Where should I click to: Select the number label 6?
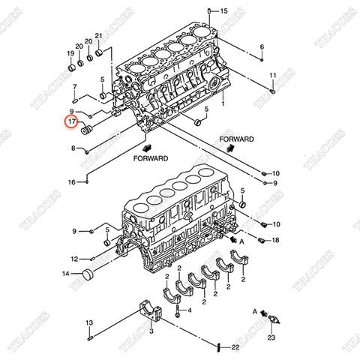pos(262,48)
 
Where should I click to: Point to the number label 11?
pos(273,76)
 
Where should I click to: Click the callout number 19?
pos(70,53)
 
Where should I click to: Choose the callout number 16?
pos(71,182)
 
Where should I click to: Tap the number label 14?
pos(66,274)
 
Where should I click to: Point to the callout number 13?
pos(88,323)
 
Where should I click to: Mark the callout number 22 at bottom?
pos(235,346)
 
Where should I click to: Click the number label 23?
pos(271,338)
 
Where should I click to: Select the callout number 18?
pos(276,240)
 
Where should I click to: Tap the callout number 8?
pos(73,148)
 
